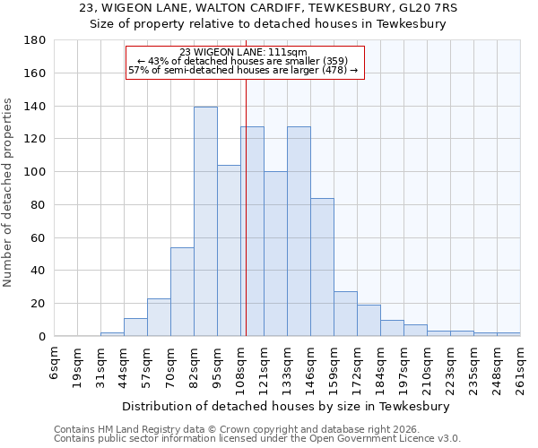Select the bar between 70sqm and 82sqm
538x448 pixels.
coord(182,291)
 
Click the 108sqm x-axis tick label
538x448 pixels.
coord(240,366)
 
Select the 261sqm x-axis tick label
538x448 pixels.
coord(520,366)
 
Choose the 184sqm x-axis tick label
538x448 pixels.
coord(380,366)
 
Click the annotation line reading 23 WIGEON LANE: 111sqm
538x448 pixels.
coord(243,52)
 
